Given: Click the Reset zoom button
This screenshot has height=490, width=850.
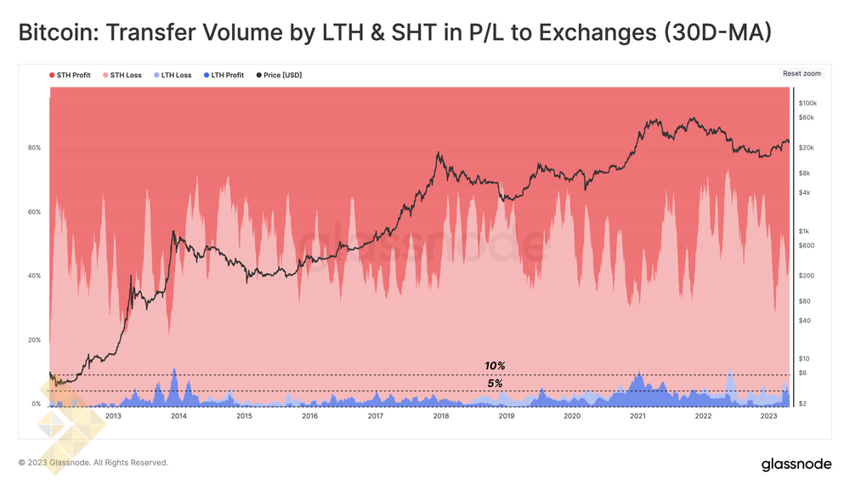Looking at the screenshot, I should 802,74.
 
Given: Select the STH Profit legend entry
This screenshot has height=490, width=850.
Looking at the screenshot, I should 72,75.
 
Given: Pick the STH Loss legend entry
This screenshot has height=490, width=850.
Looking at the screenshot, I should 122,75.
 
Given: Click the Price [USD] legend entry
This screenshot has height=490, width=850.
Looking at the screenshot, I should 279,75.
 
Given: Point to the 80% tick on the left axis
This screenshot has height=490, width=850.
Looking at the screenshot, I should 35,148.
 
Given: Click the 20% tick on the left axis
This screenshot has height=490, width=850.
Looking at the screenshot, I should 35,340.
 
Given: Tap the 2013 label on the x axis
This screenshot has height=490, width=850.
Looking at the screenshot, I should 113,417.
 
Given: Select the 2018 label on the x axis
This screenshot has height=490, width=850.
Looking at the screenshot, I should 440,417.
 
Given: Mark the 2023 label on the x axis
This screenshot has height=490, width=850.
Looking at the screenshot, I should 768,417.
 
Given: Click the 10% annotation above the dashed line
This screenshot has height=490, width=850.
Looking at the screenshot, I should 495,366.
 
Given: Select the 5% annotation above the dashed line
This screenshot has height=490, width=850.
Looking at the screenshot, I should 495,384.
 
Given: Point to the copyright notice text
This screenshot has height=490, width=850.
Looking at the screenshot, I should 93,463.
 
